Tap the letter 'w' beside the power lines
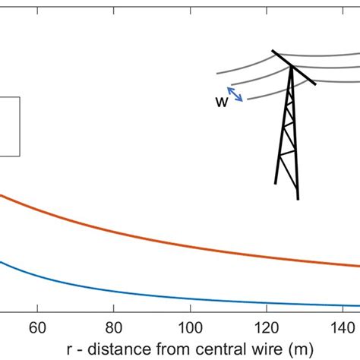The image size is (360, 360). (x=222, y=102)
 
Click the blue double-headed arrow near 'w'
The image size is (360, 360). (x=236, y=93)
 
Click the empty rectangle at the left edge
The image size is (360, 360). (x=9, y=126)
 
